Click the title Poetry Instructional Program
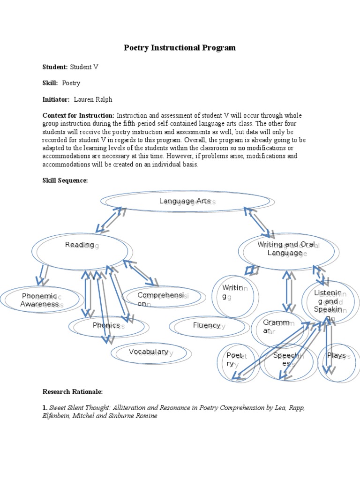180,48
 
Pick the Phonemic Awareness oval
40,300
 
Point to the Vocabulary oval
149,352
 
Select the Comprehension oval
162,298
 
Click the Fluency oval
207,325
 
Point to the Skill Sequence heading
65,181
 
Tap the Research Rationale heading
73,391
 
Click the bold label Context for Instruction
78,116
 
